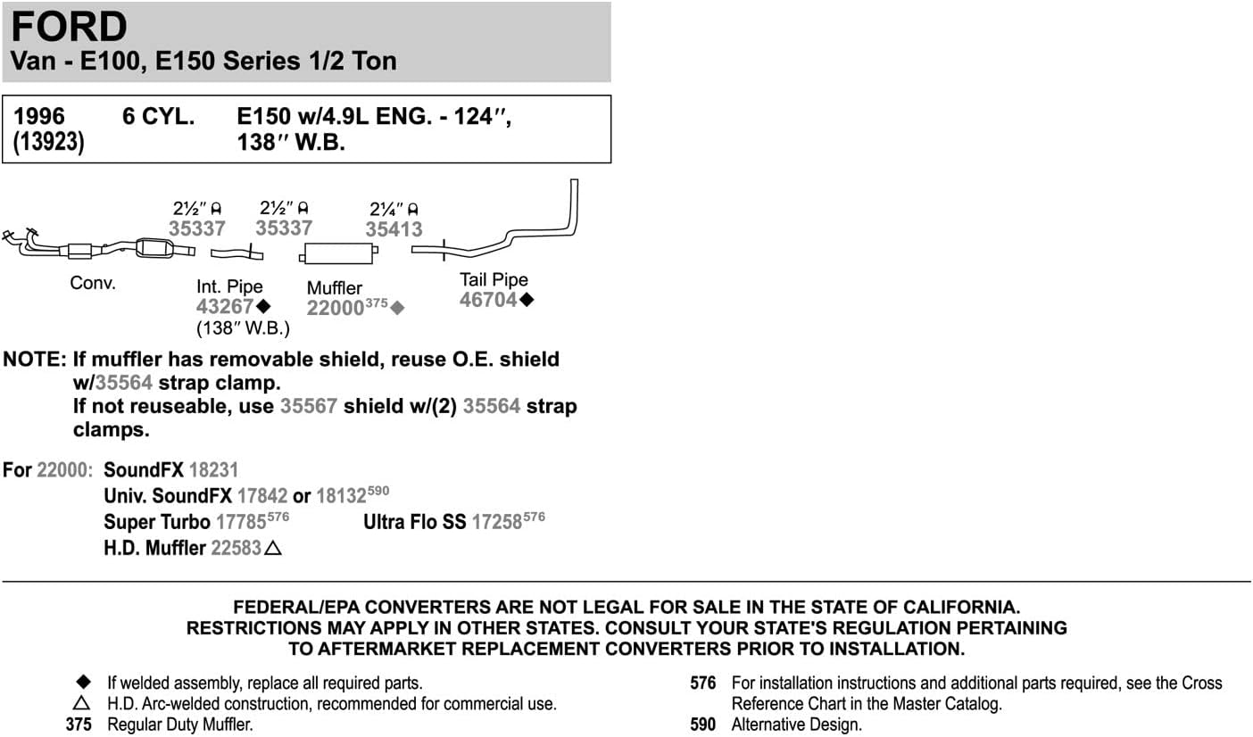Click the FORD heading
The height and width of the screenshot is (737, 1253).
(x=70, y=26)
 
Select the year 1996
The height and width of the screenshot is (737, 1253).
(x=39, y=116)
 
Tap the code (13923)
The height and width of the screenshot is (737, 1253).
(x=49, y=142)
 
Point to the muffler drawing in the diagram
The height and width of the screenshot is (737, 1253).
(x=338, y=253)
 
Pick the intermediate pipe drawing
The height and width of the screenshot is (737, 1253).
(x=236, y=253)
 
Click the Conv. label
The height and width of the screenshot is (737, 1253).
(x=93, y=283)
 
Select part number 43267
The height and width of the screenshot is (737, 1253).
(x=225, y=306)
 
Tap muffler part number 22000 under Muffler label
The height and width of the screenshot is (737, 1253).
(x=335, y=308)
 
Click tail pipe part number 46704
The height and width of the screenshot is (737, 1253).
(x=488, y=301)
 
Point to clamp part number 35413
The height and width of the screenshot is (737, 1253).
(x=394, y=229)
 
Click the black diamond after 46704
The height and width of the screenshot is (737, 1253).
(x=527, y=300)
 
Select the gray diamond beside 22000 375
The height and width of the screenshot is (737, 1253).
(x=397, y=308)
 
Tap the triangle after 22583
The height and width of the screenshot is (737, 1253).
(x=273, y=548)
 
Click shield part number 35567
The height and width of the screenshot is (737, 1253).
(x=309, y=406)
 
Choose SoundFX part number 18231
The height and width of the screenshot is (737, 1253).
(x=213, y=469)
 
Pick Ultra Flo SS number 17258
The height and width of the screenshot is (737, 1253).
(x=497, y=522)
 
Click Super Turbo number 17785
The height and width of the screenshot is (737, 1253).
(x=241, y=522)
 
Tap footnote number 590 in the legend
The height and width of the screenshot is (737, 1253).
(x=702, y=725)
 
